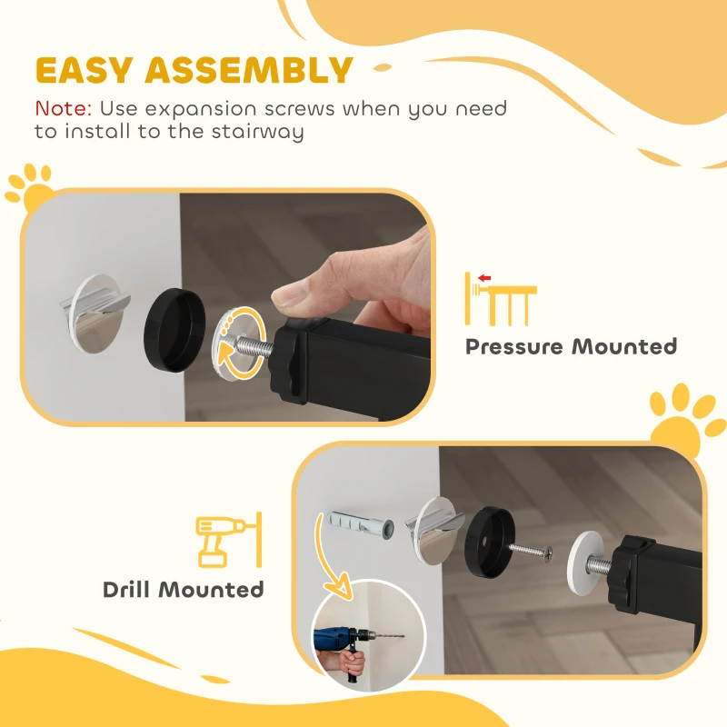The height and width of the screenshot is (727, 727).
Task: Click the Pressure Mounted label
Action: click(571, 346)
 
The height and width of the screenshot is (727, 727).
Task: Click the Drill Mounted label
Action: click(183, 589)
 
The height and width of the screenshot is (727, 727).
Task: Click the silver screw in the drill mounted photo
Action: click(536, 552)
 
